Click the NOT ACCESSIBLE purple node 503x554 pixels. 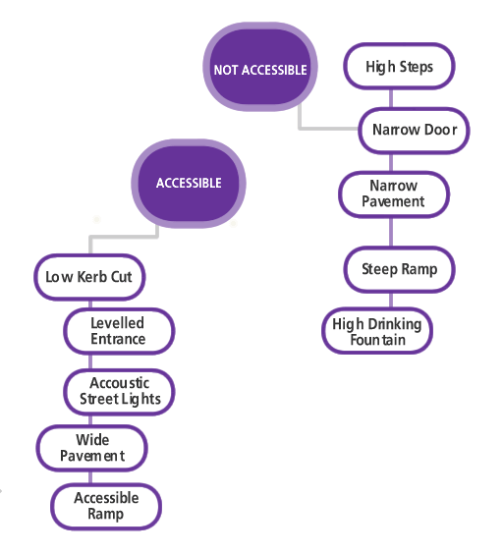coord(260,67)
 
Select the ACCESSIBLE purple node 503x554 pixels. coord(189,184)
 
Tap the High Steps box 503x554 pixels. coord(399,66)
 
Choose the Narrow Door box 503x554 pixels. coord(414,131)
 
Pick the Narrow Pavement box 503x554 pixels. coord(394,194)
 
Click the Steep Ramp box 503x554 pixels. coord(399,269)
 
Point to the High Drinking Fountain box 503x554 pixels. coord(377,331)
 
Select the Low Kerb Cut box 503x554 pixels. coord(89,277)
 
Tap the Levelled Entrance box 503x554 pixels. coord(119,331)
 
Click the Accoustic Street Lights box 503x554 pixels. coord(119,392)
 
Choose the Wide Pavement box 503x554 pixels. coord(92,448)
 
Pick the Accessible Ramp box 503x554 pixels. coord(106,506)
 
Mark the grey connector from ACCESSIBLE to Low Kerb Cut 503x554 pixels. coord(124,236)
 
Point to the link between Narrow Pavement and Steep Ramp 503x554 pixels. coord(391,232)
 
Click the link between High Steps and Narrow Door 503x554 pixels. coord(391,98)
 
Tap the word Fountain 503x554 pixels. coord(378,340)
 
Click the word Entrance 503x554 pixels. coord(118,339)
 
